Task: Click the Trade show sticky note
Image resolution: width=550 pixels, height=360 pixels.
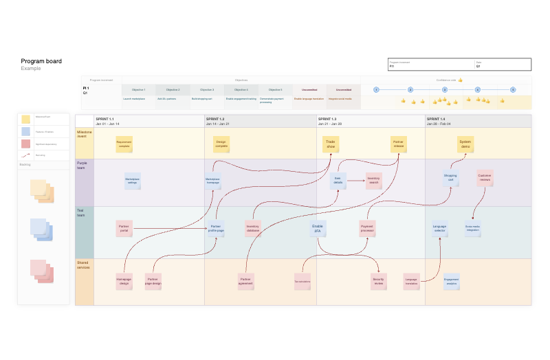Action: click(x=331, y=144)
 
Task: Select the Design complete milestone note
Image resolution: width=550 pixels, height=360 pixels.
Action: click(x=221, y=144)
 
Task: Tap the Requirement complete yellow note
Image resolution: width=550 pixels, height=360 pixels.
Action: click(x=124, y=144)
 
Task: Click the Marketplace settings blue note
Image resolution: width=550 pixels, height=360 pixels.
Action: click(x=133, y=181)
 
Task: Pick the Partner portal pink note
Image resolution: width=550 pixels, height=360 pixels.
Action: click(x=124, y=228)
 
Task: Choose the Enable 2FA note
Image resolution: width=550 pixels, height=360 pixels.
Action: click(x=317, y=228)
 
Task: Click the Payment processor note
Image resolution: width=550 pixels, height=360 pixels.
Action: click(x=367, y=228)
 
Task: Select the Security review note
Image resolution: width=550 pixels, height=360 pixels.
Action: click(x=378, y=280)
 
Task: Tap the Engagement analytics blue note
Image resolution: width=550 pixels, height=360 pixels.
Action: click(x=451, y=280)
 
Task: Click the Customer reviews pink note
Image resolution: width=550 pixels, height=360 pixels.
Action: click(x=485, y=179)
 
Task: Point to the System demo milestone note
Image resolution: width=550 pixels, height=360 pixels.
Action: click(x=465, y=144)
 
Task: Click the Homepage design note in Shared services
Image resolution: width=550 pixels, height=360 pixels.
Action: click(x=124, y=281)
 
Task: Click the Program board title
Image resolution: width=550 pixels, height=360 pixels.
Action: click(x=41, y=61)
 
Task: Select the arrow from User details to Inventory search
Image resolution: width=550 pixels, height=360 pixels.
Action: click(x=355, y=181)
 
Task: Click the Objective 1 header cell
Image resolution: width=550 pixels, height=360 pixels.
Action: click(x=139, y=90)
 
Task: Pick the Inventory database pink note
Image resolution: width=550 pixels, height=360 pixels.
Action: click(x=253, y=228)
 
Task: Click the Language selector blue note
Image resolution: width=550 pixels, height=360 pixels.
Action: click(x=439, y=228)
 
